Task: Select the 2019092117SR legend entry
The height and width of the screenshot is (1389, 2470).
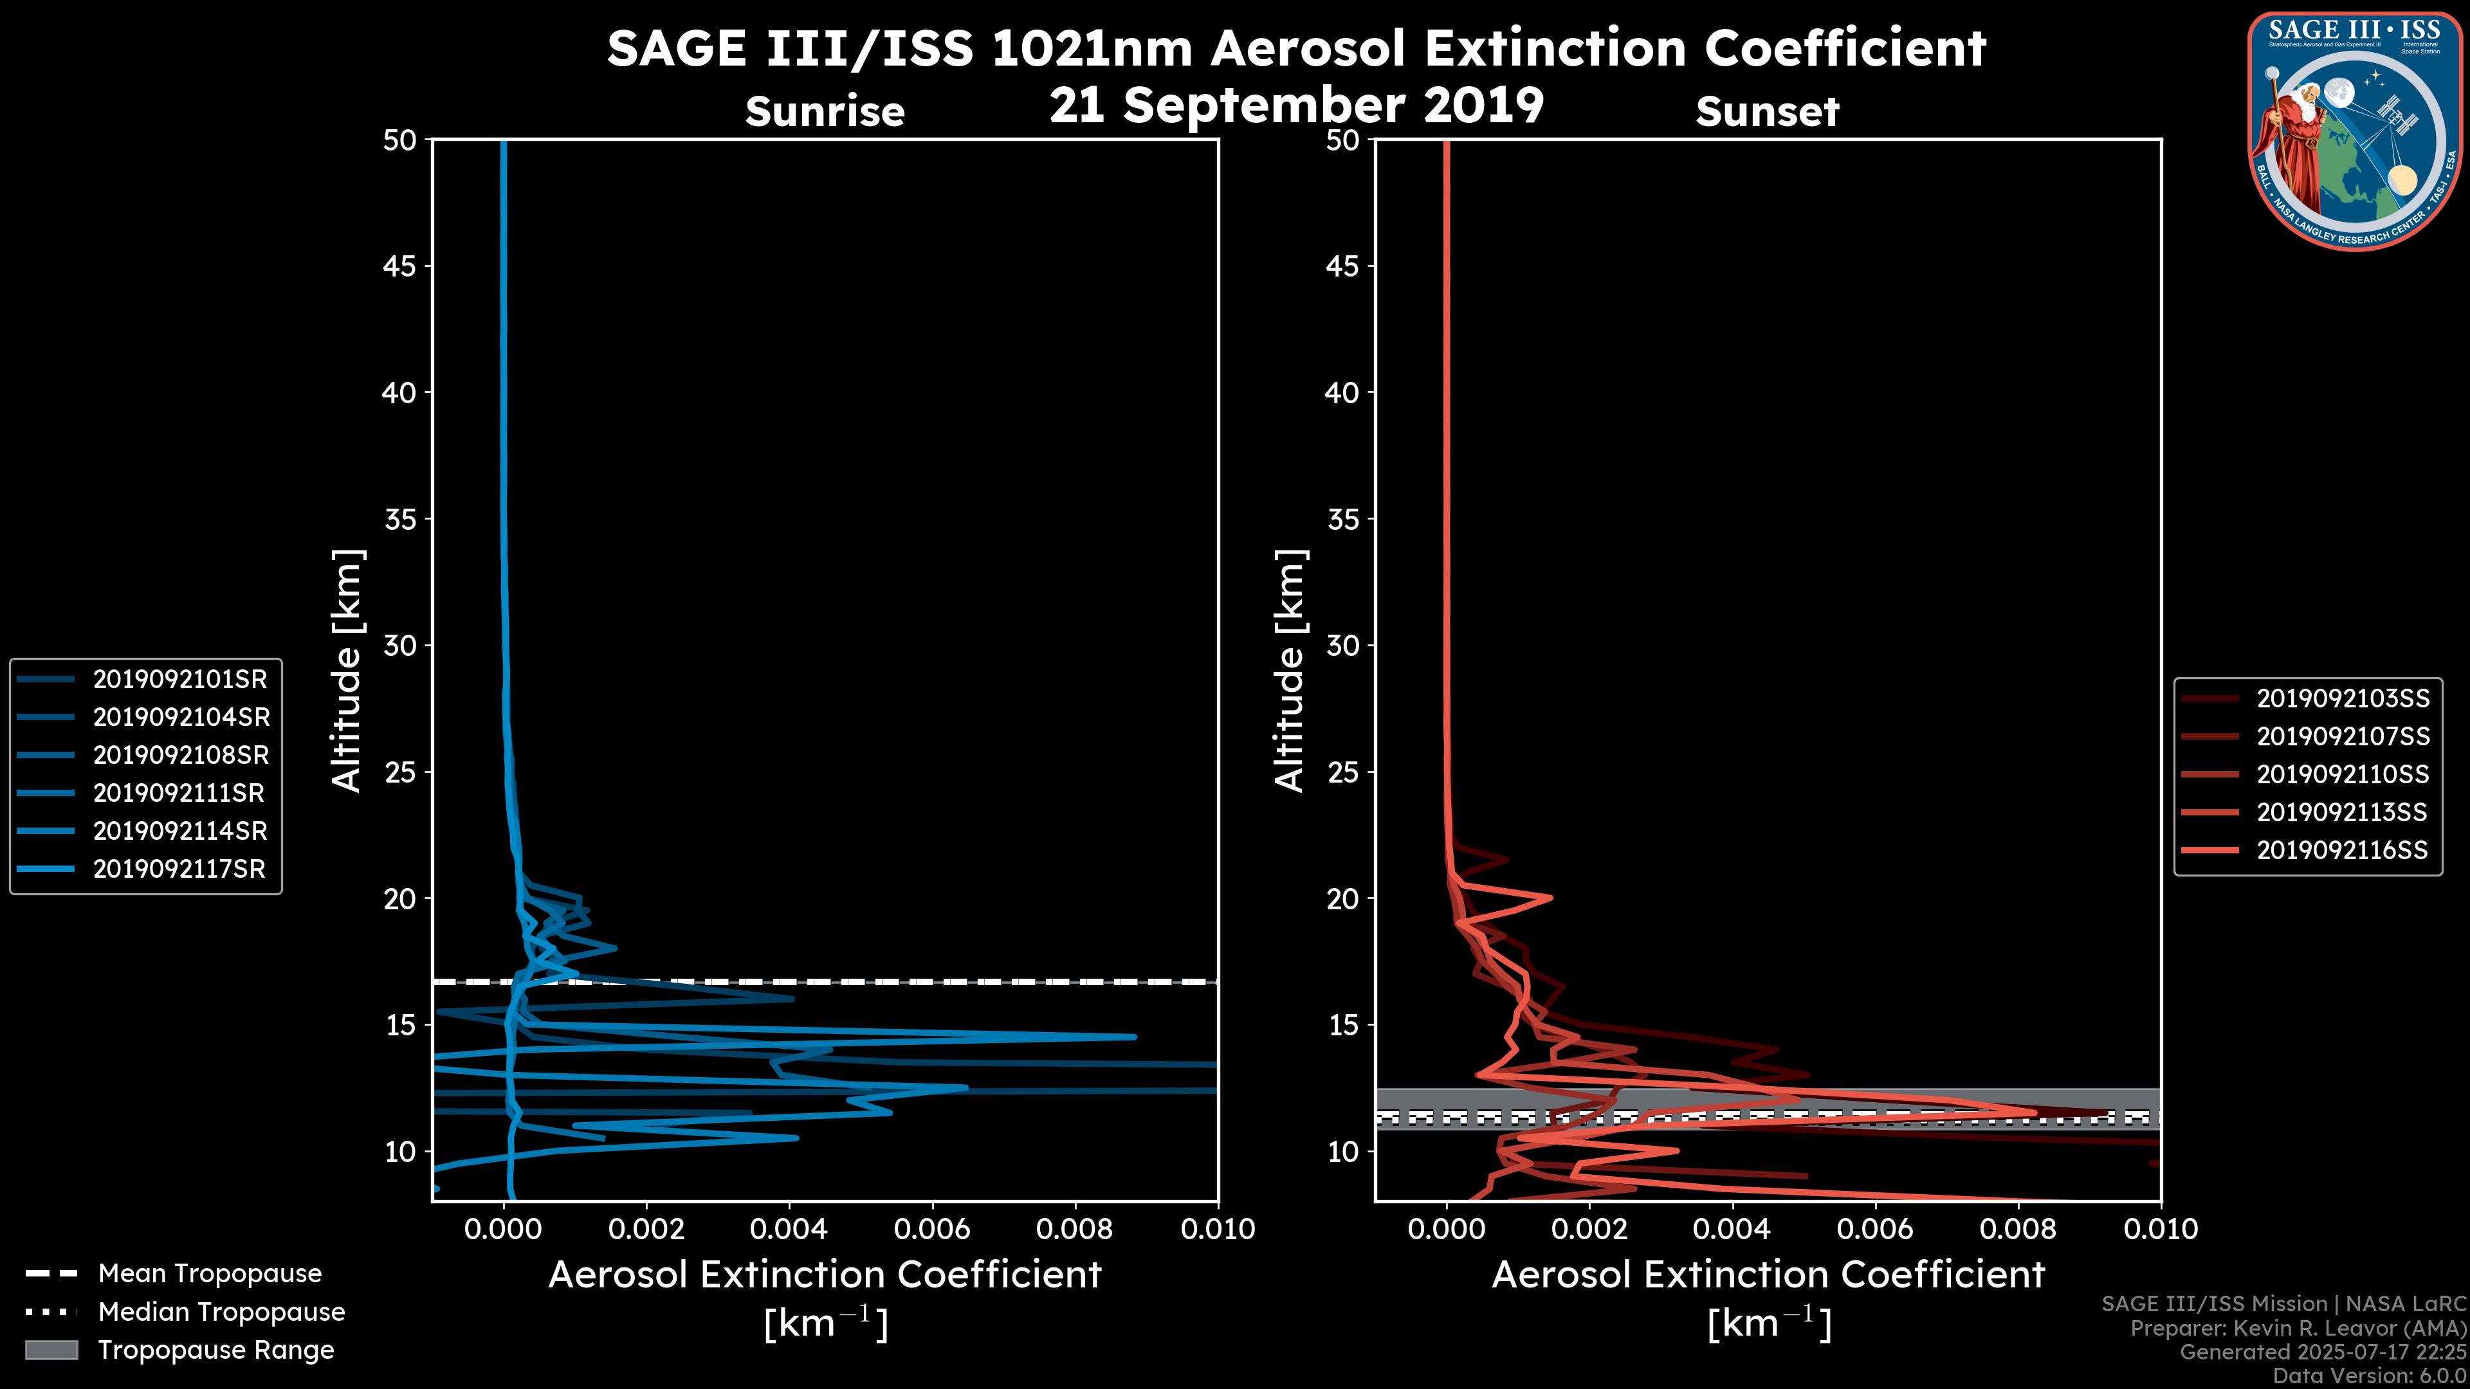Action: [179, 869]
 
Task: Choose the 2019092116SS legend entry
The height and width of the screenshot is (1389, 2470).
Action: [2343, 850]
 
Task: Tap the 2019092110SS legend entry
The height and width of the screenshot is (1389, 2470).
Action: [2343, 774]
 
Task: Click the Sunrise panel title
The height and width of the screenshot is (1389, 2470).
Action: [825, 112]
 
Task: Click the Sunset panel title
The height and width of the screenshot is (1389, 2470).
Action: [1767, 112]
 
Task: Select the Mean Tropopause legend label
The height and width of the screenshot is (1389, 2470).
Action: [210, 1273]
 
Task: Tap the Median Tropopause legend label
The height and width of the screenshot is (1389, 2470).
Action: [221, 1311]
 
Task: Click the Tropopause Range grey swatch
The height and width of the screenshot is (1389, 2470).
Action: [51, 1350]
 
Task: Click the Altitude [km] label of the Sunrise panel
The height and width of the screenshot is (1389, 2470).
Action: [347, 671]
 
